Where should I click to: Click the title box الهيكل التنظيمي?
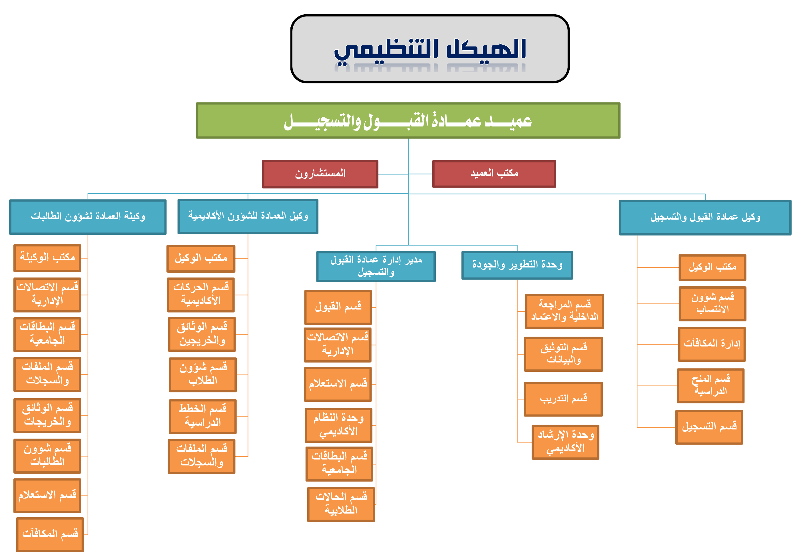(x=430, y=49)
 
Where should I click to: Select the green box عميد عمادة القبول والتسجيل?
(x=408, y=120)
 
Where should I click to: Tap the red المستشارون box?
(x=320, y=174)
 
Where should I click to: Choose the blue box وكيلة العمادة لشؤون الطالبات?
(x=88, y=217)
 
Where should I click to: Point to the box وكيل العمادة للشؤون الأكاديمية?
(x=248, y=216)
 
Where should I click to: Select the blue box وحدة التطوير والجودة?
(x=517, y=265)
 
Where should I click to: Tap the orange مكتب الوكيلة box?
(x=47, y=258)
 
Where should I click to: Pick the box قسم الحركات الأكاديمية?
(x=201, y=295)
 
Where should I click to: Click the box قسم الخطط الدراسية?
(x=203, y=416)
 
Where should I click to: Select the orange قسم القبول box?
(x=338, y=307)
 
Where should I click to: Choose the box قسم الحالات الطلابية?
(x=341, y=504)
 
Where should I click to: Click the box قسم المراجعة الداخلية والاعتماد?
(x=564, y=311)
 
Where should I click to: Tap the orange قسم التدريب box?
(x=563, y=399)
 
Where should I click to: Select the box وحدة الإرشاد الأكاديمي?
(x=565, y=442)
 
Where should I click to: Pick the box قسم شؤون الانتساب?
(x=712, y=303)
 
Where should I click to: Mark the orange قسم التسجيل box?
(x=709, y=427)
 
